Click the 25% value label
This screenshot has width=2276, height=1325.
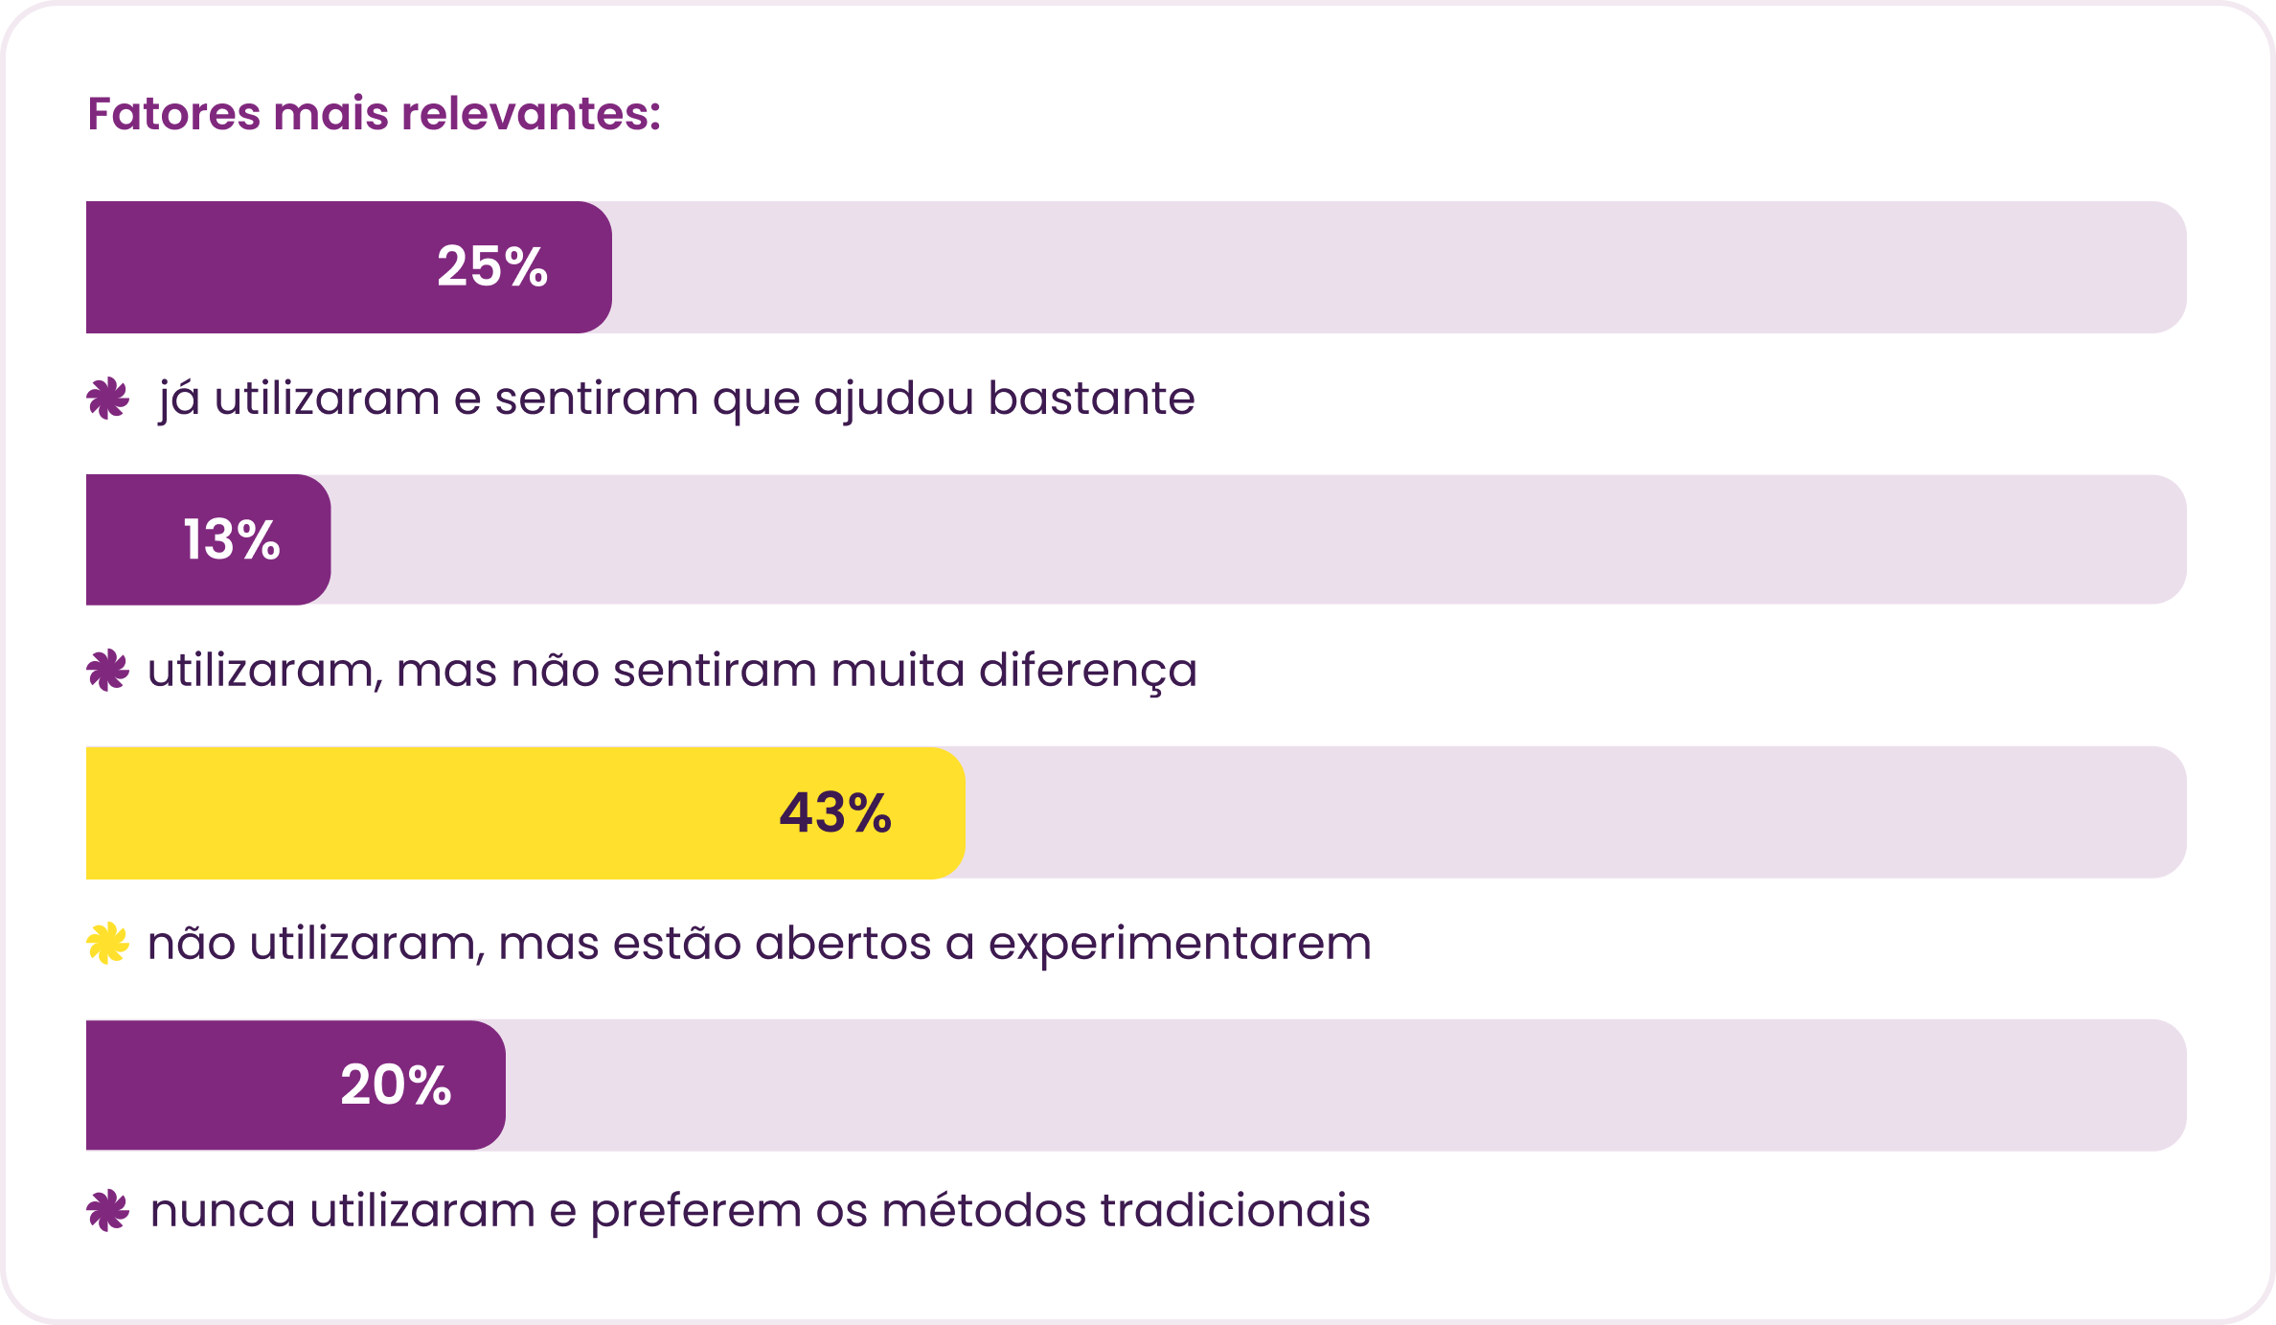coord(492,266)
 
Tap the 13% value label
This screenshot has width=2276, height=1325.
coord(232,539)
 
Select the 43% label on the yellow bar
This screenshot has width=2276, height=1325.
coord(835,812)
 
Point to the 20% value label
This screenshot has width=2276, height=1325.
coord(396,1085)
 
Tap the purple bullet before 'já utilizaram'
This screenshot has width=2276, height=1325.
coord(107,399)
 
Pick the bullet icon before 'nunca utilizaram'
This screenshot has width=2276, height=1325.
coord(107,1210)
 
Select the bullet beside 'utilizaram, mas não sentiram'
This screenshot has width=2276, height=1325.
coord(107,670)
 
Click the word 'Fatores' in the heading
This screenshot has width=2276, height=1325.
coord(173,113)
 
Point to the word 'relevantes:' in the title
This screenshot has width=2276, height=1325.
coord(532,113)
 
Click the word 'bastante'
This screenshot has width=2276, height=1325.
coord(1091,398)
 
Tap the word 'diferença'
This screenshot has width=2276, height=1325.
coord(1088,671)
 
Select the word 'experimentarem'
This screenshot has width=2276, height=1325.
coord(1180,944)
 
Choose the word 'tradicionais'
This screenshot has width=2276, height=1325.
coord(1235,1210)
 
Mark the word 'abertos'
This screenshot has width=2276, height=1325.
coord(843,943)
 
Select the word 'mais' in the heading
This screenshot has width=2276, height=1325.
coord(330,113)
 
